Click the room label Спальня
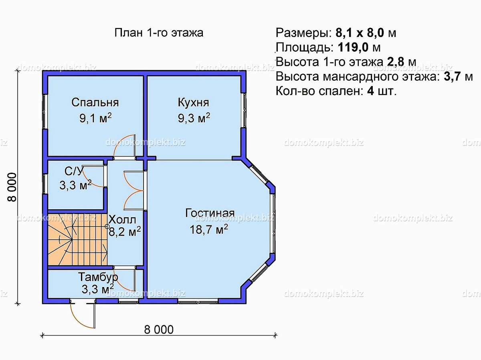point(95,102)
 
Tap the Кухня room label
point(194,102)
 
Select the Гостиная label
point(210,213)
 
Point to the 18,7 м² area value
point(208,229)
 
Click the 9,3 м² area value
point(194,118)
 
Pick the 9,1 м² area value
point(95,118)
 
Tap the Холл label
point(122,220)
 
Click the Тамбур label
point(98,277)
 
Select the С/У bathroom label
point(74,171)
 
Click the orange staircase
point(77,240)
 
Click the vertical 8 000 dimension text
point(12,187)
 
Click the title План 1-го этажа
point(159,33)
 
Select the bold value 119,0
point(353,47)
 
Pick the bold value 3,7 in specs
point(452,77)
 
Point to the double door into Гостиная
point(133,190)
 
